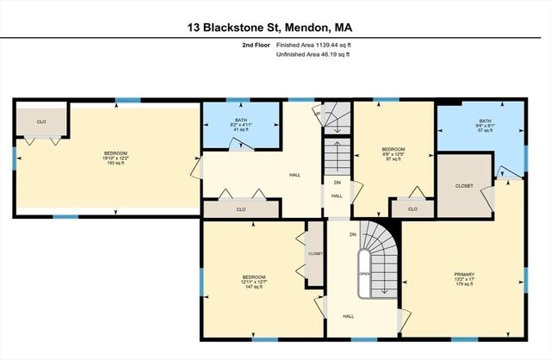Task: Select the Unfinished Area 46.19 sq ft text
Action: click(x=313, y=54)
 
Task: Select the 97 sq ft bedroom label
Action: click(x=393, y=154)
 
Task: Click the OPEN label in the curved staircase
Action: click(x=365, y=274)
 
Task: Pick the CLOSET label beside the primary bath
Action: click(x=464, y=185)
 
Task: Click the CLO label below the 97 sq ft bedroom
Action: click(x=412, y=208)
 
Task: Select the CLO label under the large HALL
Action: click(x=240, y=209)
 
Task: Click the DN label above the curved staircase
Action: click(x=353, y=234)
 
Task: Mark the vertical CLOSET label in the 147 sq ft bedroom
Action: click(x=315, y=254)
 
